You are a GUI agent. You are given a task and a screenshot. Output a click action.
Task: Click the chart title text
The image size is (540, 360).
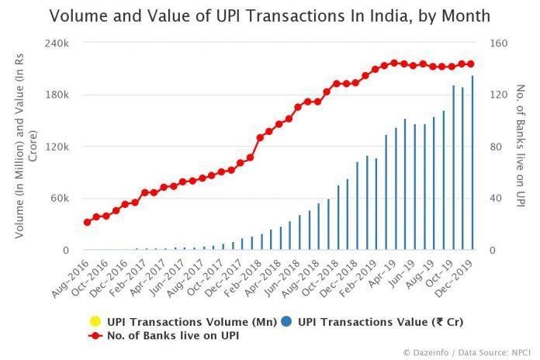270,15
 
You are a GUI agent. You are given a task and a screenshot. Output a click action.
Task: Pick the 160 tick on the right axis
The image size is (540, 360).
499,43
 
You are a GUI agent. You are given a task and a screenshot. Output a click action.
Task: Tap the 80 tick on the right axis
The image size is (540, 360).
497,147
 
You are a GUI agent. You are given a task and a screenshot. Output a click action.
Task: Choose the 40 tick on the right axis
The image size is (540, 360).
497,199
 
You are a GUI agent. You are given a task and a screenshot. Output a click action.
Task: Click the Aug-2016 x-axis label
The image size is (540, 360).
70,275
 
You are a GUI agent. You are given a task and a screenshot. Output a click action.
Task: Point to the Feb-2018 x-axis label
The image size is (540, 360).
243,275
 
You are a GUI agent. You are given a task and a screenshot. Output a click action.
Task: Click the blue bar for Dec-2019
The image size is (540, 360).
472,163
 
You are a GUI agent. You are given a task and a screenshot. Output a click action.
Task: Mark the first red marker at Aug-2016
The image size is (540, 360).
87,222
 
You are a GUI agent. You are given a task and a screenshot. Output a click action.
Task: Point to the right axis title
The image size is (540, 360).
521,147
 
